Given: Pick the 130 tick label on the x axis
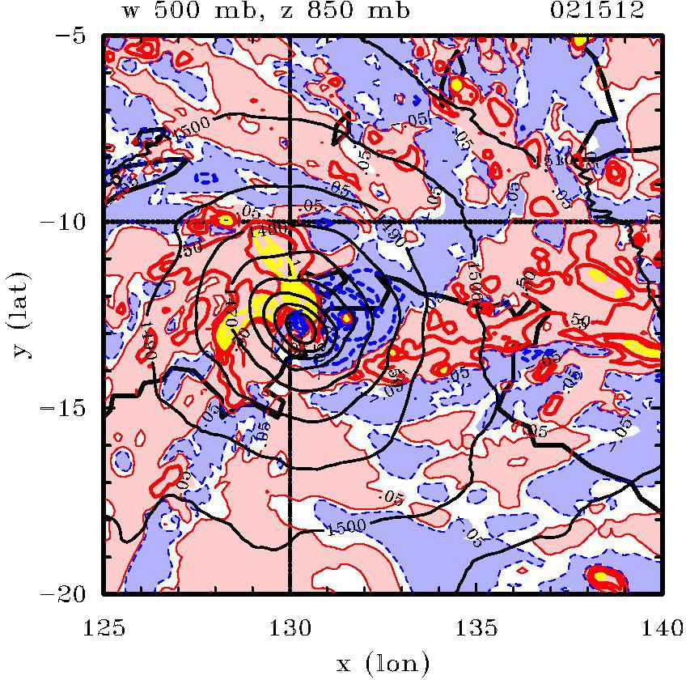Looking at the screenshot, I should tap(290, 625).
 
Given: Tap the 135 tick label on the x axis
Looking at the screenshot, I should tap(476, 625).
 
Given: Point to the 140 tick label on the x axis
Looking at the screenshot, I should tap(662, 625).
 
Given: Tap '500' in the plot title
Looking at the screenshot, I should tap(199, 11).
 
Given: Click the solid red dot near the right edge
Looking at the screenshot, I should tap(638, 240).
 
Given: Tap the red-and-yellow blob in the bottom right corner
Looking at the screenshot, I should tap(607, 578).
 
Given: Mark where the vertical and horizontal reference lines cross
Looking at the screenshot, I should tap(290, 221).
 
